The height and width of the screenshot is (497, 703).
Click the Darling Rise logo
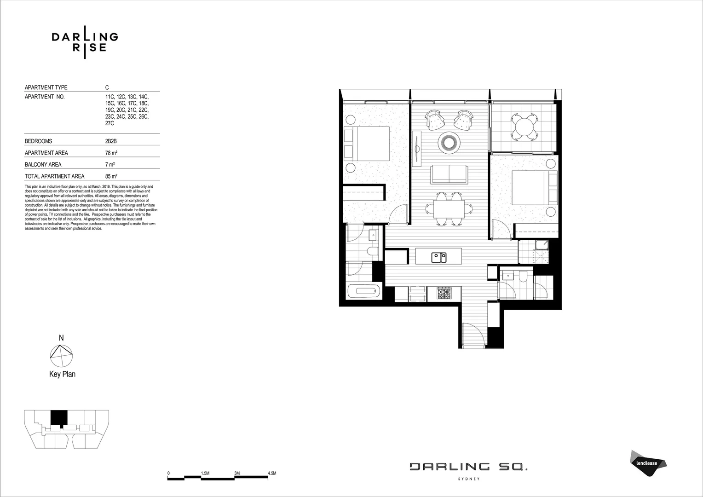click(85, 42)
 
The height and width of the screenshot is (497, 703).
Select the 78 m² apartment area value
click(110, 153)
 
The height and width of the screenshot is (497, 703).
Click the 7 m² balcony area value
click(109, 164)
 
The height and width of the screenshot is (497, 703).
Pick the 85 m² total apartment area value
click(111, 176)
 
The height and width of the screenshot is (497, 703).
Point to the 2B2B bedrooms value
click(111, 141)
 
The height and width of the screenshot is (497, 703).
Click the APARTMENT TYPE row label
click(46, 87)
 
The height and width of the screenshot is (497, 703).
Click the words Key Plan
click(62, 374)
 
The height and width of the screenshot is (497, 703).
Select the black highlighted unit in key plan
click(58, 417)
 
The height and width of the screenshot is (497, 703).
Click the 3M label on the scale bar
click(237, 473)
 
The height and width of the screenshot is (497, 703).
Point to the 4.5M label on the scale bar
click(271, 473)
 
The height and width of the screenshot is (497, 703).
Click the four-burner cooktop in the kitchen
click(444, 293)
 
